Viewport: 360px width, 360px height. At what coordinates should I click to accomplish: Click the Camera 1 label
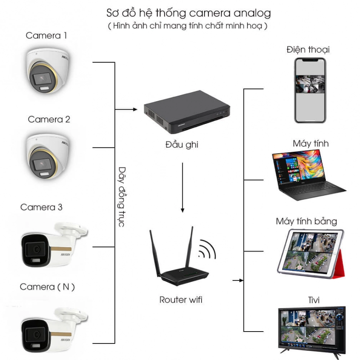click(46, 36)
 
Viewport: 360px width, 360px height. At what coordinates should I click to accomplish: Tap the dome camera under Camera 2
click(48, 156)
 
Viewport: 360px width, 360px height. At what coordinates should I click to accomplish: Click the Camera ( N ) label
click(47, 287)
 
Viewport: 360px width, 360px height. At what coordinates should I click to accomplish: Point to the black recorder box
click(187, 112)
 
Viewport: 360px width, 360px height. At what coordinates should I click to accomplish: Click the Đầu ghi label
click(182, 145)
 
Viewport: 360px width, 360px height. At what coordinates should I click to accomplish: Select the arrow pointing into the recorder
click(126, 110)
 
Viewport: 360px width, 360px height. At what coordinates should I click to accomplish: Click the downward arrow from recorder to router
click(183, 187)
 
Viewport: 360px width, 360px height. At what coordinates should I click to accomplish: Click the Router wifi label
click(181, 300)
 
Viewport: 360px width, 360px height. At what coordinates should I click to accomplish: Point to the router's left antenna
click(155, 253)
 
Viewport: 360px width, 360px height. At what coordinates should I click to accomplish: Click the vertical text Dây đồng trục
click(122, 197)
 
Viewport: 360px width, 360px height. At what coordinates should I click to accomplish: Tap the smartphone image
click(310, 90)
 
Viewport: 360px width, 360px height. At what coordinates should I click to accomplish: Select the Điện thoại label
click(308, 50)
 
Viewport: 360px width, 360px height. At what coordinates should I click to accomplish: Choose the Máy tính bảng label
click(306, 222)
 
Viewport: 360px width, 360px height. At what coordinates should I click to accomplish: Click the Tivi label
click(313, 300)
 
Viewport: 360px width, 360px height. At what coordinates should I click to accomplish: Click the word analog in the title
click(252, 13)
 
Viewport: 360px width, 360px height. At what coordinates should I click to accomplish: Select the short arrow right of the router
click(238, 280)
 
